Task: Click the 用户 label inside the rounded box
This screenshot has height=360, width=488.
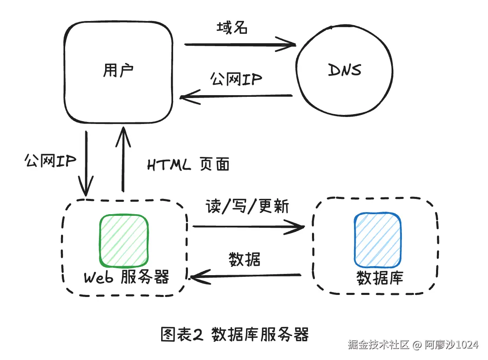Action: click(x=118, y=70)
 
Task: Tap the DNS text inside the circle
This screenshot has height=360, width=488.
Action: click(x=345, y=70)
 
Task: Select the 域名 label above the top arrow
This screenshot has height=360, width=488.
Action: click(x=232, y=27)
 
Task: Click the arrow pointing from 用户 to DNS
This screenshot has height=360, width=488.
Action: click(x=240, y=44)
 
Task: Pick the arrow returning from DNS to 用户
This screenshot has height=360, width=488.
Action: click(x=236, y=96)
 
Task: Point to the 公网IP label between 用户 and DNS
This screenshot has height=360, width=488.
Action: click(x=236, y=79)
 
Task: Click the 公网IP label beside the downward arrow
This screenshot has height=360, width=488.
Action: click(x=50, y=161)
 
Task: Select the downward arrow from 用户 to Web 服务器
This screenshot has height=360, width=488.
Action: click(x=86, y=164)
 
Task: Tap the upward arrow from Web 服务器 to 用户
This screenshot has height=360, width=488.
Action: click(x=123, y=159)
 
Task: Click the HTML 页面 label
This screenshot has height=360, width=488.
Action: click(x=188, y=164)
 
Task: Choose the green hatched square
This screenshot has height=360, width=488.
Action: click(x=124, y=241)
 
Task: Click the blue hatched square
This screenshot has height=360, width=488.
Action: click(x=378, y=240)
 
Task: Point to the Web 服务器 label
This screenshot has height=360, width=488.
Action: click(x=127, y=277)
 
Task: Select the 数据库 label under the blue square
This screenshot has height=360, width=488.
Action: click(x=380, y=278)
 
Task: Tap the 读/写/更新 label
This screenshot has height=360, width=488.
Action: click(x=247, y=206)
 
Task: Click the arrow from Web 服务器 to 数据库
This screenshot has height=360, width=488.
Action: click(x=249, y=227)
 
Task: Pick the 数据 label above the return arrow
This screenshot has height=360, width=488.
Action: click(x=245, y=259)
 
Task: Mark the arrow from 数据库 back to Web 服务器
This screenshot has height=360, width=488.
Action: click(x=246, y=276)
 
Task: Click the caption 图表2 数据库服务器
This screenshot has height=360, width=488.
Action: click(x=235, y=334)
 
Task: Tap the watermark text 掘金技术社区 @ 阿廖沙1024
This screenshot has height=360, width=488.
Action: click(x=413, y=344)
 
